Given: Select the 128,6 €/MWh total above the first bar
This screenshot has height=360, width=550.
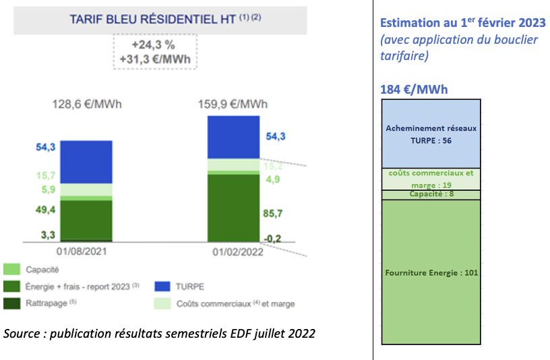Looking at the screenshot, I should point(88,104).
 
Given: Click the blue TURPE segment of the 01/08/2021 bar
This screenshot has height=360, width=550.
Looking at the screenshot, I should point(86,162).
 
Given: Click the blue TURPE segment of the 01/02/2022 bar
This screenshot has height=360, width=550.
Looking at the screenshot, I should point(233,137).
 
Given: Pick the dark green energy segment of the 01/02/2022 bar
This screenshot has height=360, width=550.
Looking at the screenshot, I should point(233,208).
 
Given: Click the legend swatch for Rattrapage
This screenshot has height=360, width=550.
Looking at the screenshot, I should point(11,303).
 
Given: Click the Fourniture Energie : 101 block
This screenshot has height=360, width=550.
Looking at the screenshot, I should point(431,273).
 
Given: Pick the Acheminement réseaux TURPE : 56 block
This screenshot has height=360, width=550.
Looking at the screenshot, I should point(431,133).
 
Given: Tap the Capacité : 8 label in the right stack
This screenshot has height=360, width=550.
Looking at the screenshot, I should point(431,194).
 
